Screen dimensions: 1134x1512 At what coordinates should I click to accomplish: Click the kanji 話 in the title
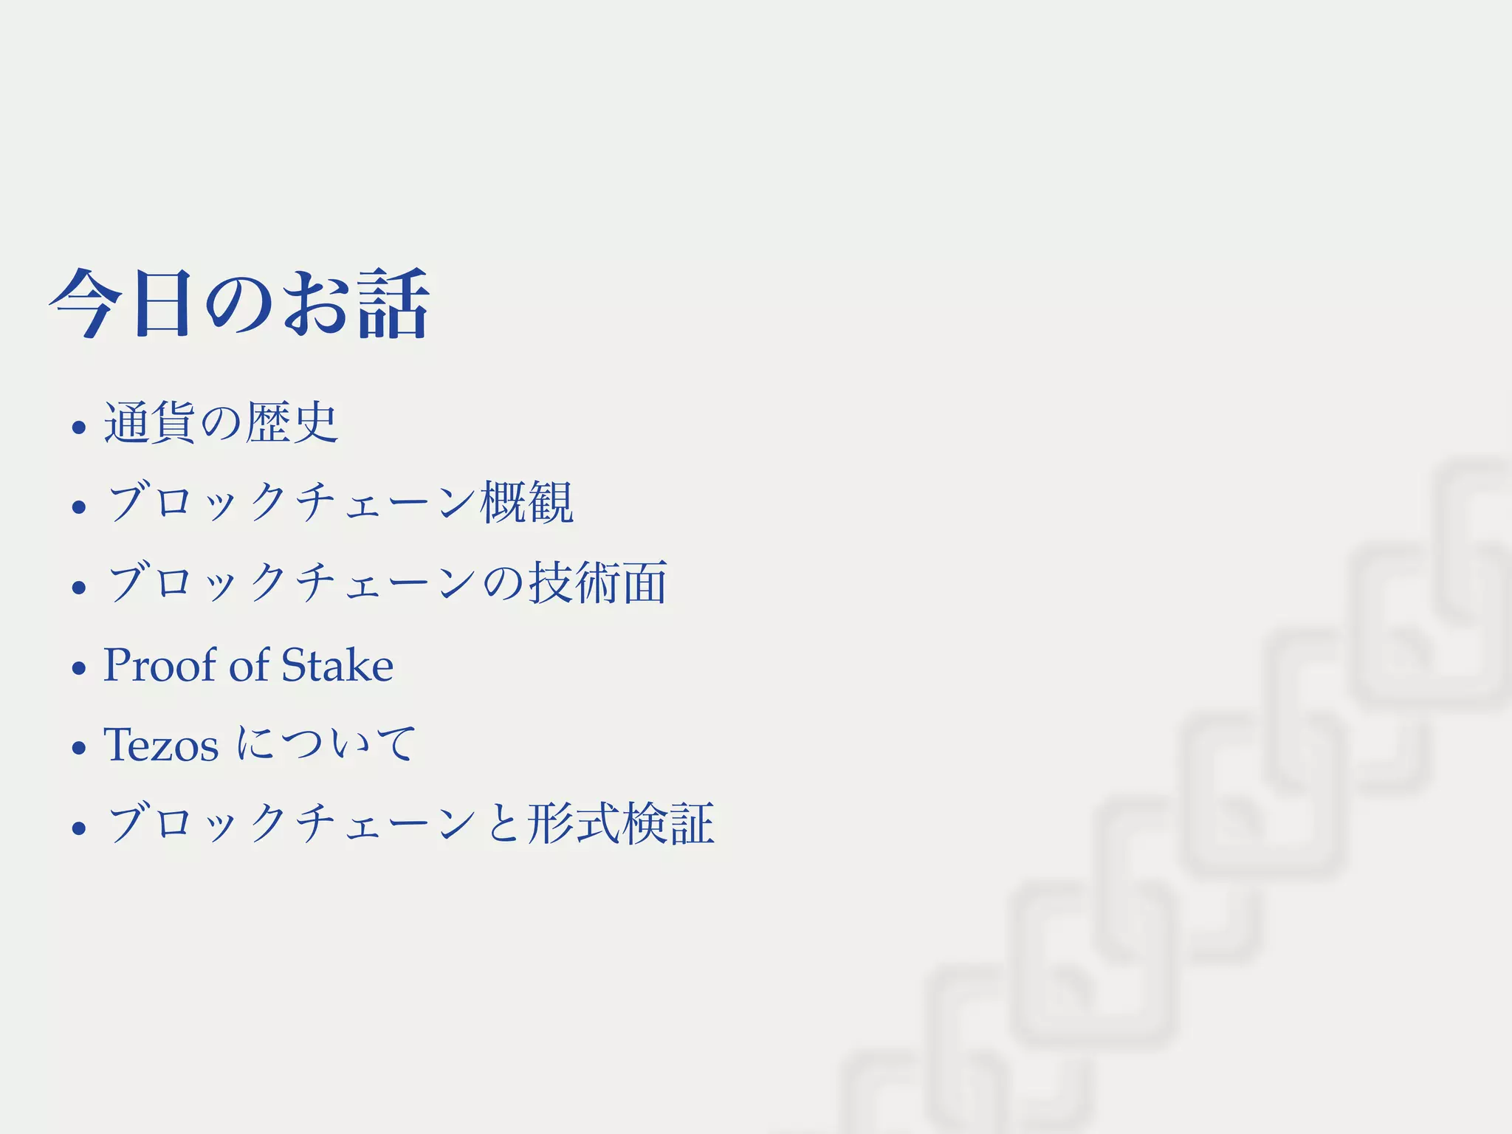[x=393, y=303]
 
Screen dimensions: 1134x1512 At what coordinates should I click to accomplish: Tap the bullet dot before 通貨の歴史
[x=79, y=427]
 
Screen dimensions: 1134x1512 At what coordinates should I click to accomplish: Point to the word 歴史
[x=292, y=422]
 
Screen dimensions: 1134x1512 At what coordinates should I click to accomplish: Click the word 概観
[x=526, y=502]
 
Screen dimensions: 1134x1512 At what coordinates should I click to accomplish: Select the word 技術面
[x=598, y=583]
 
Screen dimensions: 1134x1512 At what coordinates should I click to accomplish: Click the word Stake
[x=337, y=664]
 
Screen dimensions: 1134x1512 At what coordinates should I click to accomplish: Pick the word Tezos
[x=161, y=744]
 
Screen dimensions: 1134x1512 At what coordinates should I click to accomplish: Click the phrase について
[x=326, y=743]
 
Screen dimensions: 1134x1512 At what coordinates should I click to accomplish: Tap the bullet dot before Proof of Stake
[x=79, y=668]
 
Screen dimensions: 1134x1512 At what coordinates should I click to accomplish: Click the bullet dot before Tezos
[x=79, y=748]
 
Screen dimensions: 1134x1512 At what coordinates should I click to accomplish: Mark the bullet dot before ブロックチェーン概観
[x=79, y=506]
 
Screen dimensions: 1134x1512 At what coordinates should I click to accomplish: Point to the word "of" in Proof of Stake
[x=249, y=664]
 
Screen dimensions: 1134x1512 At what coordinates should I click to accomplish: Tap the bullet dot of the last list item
[x=79, y=828]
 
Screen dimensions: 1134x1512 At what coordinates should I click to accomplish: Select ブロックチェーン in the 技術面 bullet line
[x=291, y=583]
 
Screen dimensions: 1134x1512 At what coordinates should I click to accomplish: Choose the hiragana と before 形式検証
[x=502, y=824]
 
